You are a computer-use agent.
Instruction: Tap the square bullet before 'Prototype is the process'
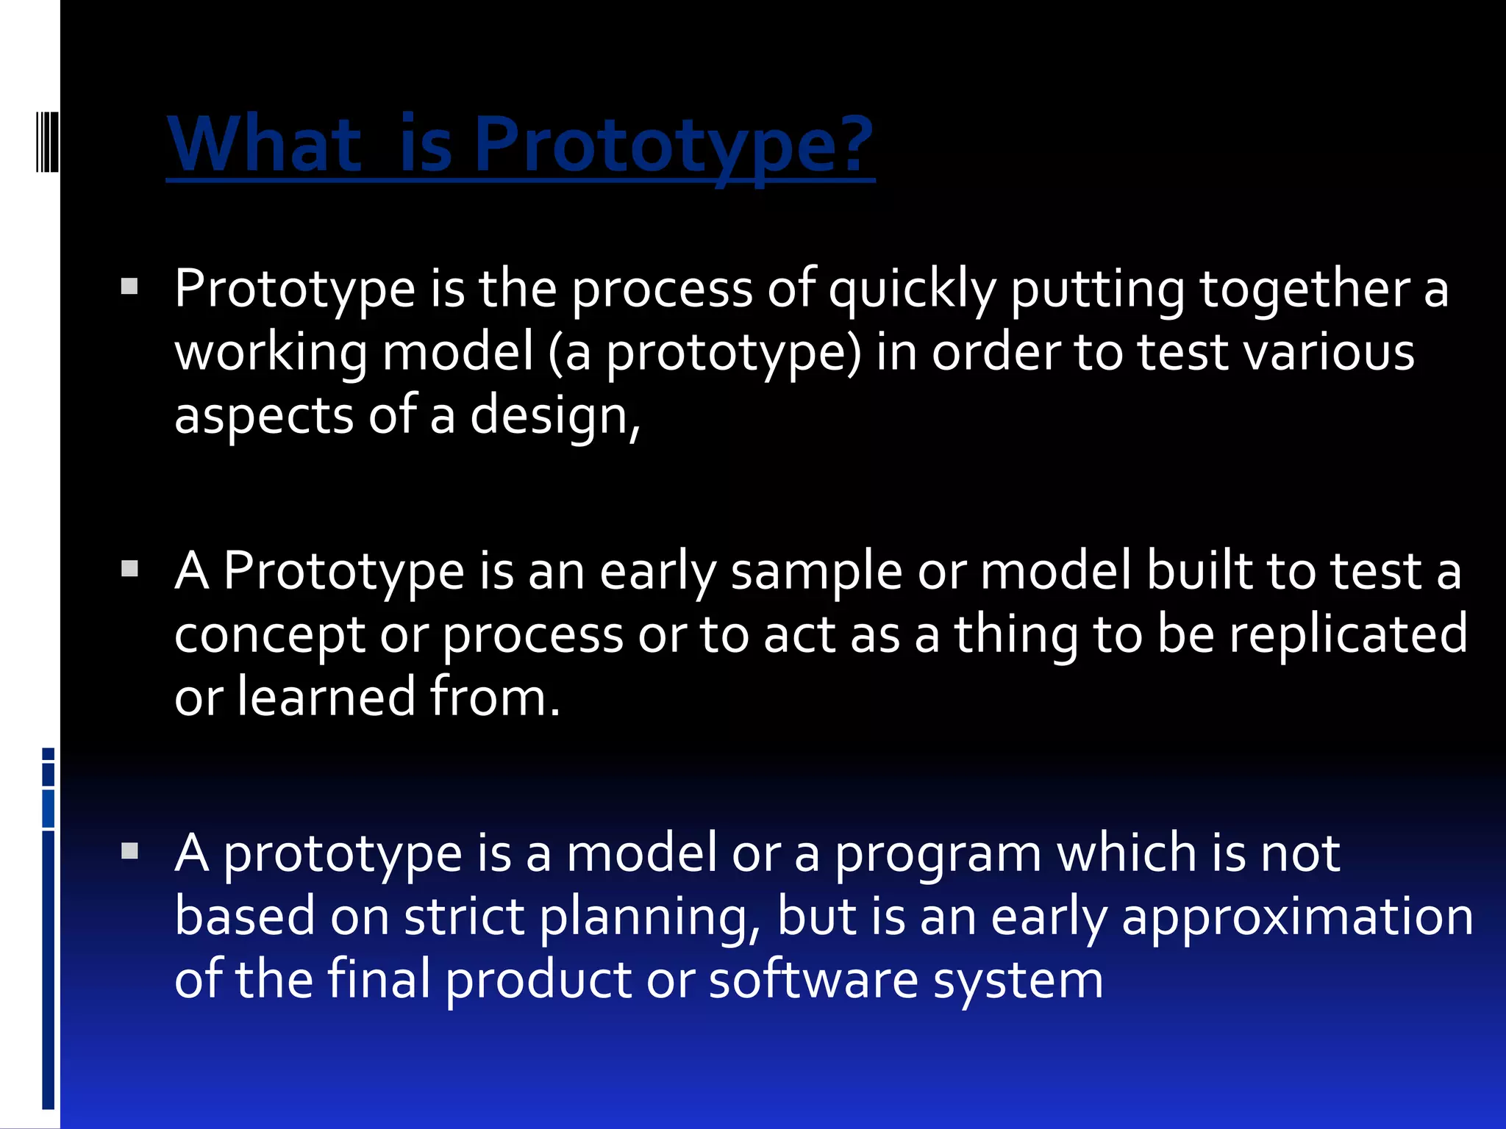point(129,286)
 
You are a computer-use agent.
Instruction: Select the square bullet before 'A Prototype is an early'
point(129,568)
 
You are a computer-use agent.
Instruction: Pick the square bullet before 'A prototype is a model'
point(129,851)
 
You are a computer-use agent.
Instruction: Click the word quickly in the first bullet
point(912,289)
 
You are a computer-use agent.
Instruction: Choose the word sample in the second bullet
point(816,572)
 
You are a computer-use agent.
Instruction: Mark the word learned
point(326,697)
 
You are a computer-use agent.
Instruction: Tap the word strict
point(464,917)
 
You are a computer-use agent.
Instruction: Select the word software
point(813,981)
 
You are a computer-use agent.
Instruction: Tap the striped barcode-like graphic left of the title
point(47,141)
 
